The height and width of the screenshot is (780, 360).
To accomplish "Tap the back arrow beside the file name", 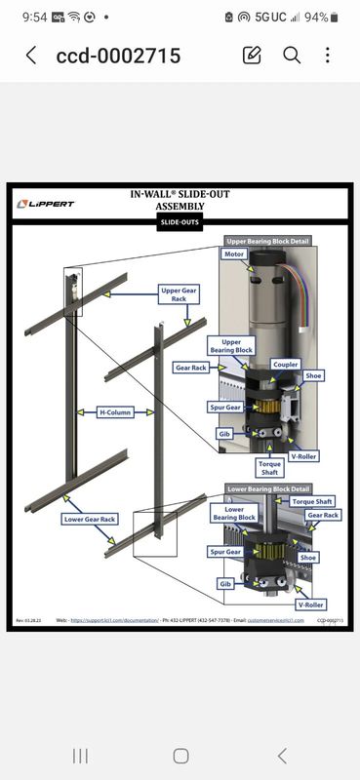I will (30, 56).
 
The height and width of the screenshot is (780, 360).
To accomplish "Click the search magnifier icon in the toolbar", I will (292, 55).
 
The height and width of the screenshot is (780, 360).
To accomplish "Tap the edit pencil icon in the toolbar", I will (252, 55).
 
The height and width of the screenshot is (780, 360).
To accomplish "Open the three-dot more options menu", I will (328, 55).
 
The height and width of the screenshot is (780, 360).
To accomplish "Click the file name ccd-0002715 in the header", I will (118, 56).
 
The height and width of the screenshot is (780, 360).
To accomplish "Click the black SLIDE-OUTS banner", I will (180, 222).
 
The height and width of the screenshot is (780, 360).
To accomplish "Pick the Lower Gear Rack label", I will (90, 520).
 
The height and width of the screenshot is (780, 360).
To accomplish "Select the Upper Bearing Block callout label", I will (232, 346).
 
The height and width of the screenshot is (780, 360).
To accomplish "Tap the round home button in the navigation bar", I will (180, 756).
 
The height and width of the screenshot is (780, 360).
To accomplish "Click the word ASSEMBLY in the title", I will (180, 207).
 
